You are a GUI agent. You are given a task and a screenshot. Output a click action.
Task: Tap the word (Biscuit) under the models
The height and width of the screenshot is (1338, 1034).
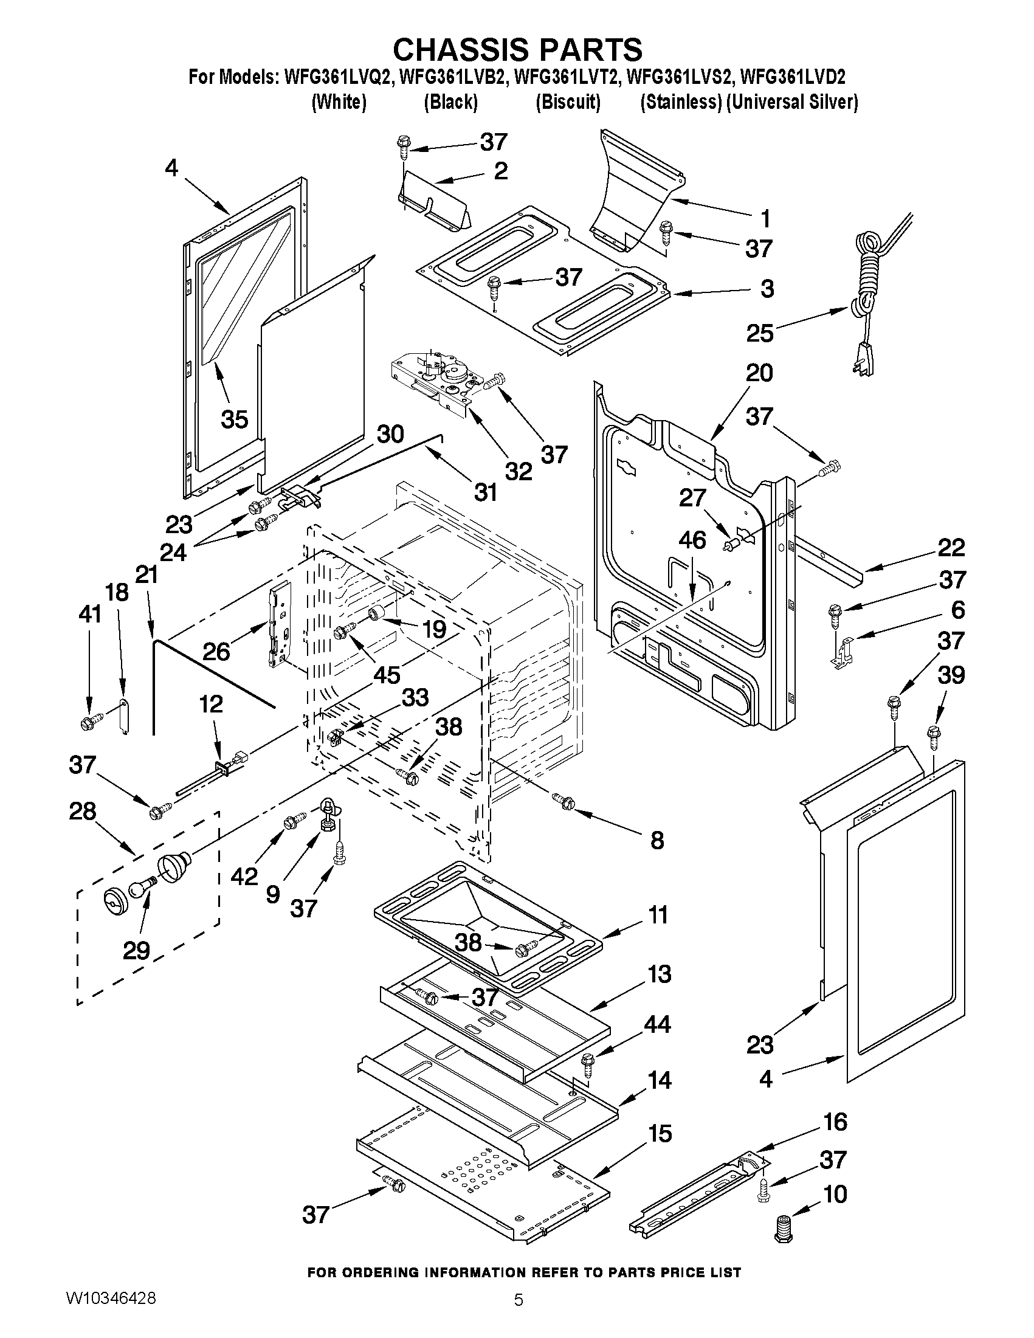[x=568, y=102]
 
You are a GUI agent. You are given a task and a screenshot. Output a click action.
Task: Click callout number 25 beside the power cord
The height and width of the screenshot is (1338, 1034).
[x=760, y=333]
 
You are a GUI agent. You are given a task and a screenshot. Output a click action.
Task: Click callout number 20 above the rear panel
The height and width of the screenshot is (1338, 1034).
[x=759, y=373]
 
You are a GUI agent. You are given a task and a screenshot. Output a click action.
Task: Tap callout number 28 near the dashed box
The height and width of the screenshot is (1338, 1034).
[x=83, y=812]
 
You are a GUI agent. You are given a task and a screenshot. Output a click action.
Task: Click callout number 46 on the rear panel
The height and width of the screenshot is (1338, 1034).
[x=692, y=540]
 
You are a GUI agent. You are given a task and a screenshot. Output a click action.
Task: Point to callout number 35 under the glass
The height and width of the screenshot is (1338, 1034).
[x=234, y=419]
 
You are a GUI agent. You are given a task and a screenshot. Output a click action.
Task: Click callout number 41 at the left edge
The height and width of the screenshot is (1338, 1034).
[x=90, y=613]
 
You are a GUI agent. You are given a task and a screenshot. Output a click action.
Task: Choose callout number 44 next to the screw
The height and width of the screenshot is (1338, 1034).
[x=657, y=1024]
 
